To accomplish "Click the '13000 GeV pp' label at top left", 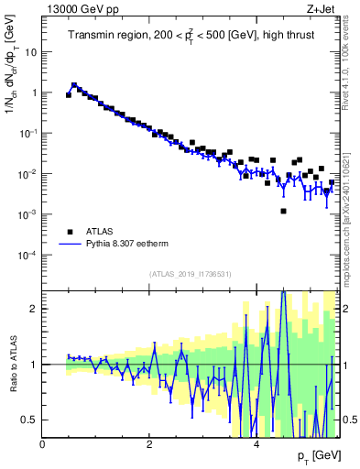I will point(75,8).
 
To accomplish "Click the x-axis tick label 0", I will point(43,444).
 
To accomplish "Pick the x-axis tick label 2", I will point(149,444).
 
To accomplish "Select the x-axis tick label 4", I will point(256,444).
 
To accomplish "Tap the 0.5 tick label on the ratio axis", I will point(27,420).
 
